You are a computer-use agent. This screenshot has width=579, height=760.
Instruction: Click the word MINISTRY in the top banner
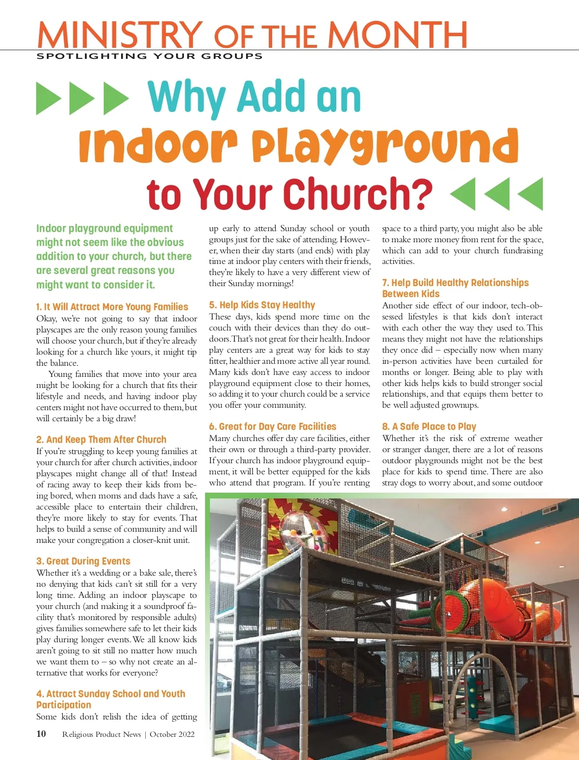(120, 35)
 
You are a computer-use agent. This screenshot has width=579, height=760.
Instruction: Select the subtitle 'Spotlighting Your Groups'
(150, 56)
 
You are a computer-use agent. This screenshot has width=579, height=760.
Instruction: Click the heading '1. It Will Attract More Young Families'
(112, 307)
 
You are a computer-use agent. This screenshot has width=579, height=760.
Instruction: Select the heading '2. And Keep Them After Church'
(101, 440)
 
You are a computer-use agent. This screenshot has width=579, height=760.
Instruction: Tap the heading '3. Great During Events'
(83, 561)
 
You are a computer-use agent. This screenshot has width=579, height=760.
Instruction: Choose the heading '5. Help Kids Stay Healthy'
(262, 305)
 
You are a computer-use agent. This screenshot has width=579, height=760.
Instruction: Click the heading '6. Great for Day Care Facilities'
(273, 427)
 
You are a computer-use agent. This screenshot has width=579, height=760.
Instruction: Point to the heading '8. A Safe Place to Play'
(429, 427)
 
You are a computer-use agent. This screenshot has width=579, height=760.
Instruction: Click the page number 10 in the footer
(41, 734)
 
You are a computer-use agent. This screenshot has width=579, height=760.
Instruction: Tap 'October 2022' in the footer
(172, 734)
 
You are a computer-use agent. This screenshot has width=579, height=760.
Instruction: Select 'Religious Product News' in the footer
(101, 734)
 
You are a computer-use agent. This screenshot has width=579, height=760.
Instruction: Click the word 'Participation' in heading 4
(64, 705)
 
